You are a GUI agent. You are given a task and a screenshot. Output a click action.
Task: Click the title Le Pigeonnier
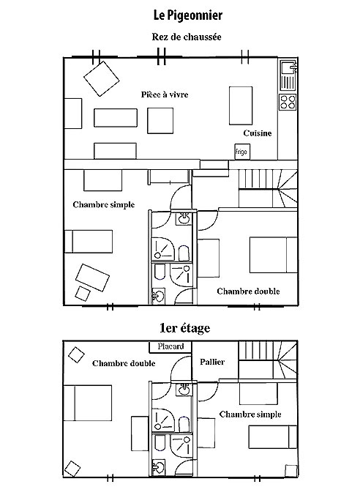[188, 15]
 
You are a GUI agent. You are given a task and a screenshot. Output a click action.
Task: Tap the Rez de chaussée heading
[187, 37]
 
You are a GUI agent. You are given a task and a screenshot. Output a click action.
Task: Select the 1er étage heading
[185, 328]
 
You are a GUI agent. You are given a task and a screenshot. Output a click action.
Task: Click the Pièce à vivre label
[165, 94]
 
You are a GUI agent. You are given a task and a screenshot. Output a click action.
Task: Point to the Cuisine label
[258, 133]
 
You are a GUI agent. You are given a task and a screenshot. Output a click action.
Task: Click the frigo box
[242, 152]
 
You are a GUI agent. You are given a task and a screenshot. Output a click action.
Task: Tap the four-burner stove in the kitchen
[288, 103]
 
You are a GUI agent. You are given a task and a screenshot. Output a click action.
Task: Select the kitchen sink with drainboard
[288, 75]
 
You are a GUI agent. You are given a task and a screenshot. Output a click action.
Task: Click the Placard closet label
[170, 346]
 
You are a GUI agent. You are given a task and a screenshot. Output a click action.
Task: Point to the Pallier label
[212, 362]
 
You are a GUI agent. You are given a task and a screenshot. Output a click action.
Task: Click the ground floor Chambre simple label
[104, 204]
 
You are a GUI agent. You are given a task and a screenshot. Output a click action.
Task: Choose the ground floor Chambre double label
[248, 291]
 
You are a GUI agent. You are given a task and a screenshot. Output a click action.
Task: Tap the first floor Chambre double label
[124, 363]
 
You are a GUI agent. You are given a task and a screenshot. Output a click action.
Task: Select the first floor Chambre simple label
[250, 414]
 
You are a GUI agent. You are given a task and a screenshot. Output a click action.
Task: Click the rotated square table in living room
[102, 78]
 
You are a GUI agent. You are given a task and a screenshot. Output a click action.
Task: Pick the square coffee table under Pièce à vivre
[160, 121]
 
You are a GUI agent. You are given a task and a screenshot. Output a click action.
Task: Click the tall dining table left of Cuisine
[241, 105]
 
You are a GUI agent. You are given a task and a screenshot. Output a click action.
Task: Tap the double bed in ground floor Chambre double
[274, 255]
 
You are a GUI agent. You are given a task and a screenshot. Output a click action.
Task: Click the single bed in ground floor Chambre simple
[89, 242]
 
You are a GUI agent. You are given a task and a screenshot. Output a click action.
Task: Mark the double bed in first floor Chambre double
[88, 403]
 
